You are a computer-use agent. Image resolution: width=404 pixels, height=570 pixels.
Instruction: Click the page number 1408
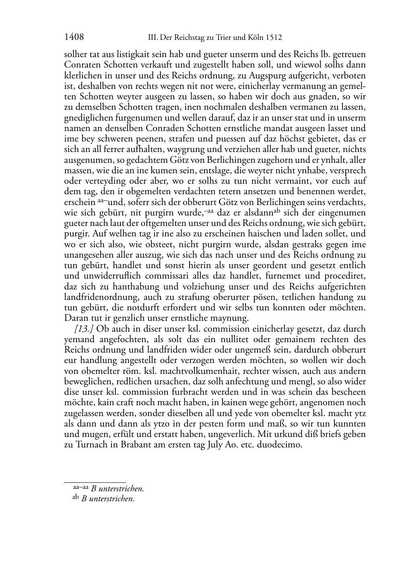(74, 37)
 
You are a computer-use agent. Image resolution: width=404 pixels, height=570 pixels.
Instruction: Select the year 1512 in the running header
(274, 38)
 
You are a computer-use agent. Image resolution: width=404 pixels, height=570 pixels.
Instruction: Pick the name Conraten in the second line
(82, 65)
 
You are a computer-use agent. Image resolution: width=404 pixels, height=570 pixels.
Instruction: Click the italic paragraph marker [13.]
(84, 329)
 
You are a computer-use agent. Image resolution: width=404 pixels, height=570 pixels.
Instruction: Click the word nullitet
(246, 339)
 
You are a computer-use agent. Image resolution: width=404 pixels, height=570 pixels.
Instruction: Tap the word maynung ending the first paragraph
(230, 318)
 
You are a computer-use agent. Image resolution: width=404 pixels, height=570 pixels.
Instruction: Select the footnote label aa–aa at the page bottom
(80, 488)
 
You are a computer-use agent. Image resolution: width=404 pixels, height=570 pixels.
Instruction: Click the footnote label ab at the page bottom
(75, 498)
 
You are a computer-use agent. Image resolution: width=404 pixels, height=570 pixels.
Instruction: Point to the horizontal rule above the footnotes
(95, 482)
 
